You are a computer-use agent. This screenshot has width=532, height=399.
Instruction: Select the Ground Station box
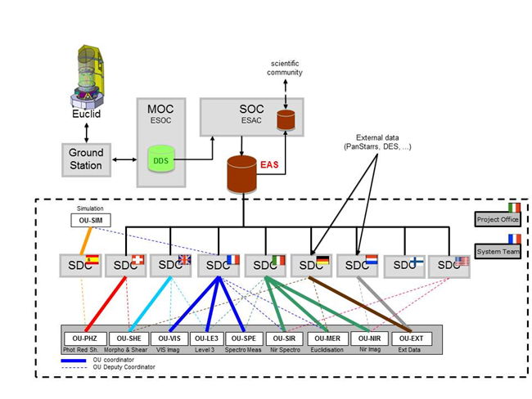(x=85, y=159)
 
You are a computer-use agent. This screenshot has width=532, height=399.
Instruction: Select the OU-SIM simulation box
(x=90, y=219)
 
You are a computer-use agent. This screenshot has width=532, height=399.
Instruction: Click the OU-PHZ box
(x=85, y=338)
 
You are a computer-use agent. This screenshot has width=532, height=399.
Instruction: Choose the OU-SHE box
(x=128, y=338)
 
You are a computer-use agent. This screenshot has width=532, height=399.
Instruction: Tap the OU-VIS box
(x=169, y=338)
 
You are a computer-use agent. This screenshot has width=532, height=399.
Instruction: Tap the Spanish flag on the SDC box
(x=92, y=260)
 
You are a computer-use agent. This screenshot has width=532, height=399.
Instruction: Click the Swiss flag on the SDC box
(x=138, y=260)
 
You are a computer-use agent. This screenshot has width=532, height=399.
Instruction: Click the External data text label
(x=376, y=141)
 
